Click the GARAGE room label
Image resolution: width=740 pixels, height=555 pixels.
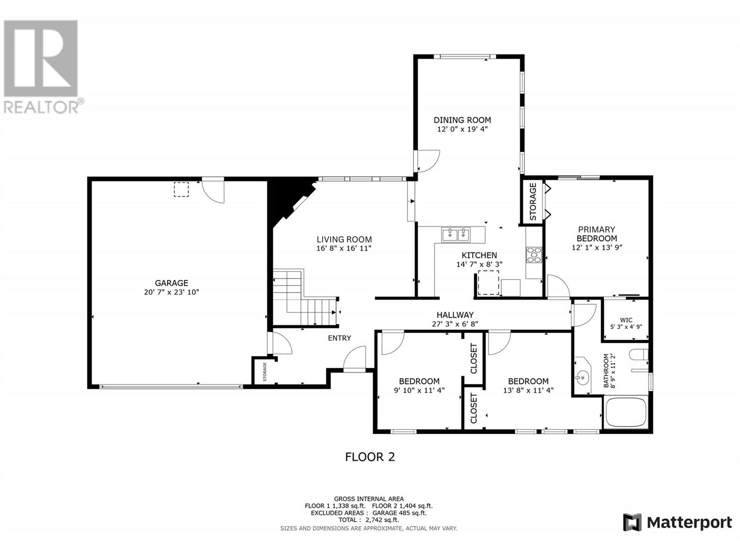point(171,283)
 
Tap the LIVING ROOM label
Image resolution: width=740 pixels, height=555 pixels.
point(344,239)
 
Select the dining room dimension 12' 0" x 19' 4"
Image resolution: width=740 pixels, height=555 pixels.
point(462,129)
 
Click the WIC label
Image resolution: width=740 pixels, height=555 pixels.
point(626,320)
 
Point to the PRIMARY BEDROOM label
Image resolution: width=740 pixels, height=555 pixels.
point(596,234)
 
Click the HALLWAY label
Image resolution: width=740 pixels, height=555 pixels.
point(455,315)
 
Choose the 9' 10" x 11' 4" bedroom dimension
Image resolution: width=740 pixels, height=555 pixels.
point(419,390)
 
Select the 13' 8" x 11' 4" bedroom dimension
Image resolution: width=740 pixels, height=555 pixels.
point(528,390)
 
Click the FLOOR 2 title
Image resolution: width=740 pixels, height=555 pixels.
point(370,457)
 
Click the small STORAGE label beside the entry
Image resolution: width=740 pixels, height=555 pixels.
point(265,372)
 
